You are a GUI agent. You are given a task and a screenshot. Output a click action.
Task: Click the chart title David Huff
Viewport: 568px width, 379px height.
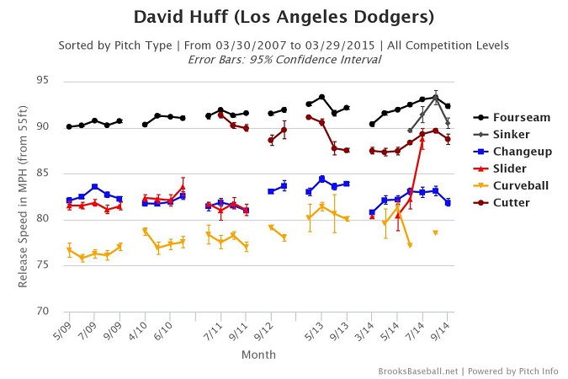[x=284, y=18]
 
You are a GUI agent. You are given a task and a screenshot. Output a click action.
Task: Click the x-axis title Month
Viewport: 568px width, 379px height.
[x=258, y=355]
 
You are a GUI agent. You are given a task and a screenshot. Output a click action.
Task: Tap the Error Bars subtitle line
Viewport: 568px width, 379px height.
[x=284, y=59]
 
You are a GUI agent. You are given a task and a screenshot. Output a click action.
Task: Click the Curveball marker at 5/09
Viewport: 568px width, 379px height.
[x=69, y=250]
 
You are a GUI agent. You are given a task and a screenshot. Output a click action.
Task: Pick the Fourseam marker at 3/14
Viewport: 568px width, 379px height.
[x=372, y=124]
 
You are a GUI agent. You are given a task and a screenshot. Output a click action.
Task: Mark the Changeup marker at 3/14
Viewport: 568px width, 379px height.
[x=372, y=212]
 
